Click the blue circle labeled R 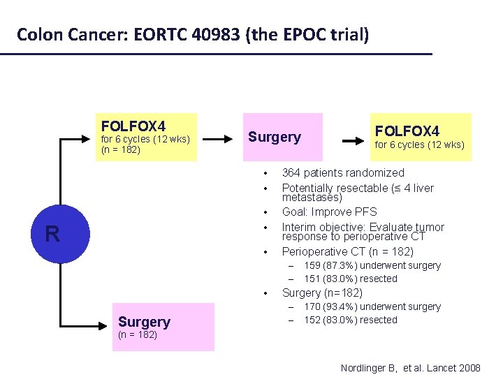pos(52,233)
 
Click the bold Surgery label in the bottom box pos(144,322)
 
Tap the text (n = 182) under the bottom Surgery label pos(138,335)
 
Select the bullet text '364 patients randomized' pos(343,172)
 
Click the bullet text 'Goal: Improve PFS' pos(329,212)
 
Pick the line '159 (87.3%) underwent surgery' pos(372,265)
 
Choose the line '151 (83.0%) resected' pos(351,279)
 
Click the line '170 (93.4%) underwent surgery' pos(372,306)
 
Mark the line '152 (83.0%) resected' pos(351,320)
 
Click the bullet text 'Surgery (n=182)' pos(322,293)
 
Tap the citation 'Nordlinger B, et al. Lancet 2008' pos(410,367)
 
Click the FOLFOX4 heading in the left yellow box pos(133,126)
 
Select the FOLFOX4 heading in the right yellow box pos(407,131)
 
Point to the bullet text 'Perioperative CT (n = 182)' pos(347,251)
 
